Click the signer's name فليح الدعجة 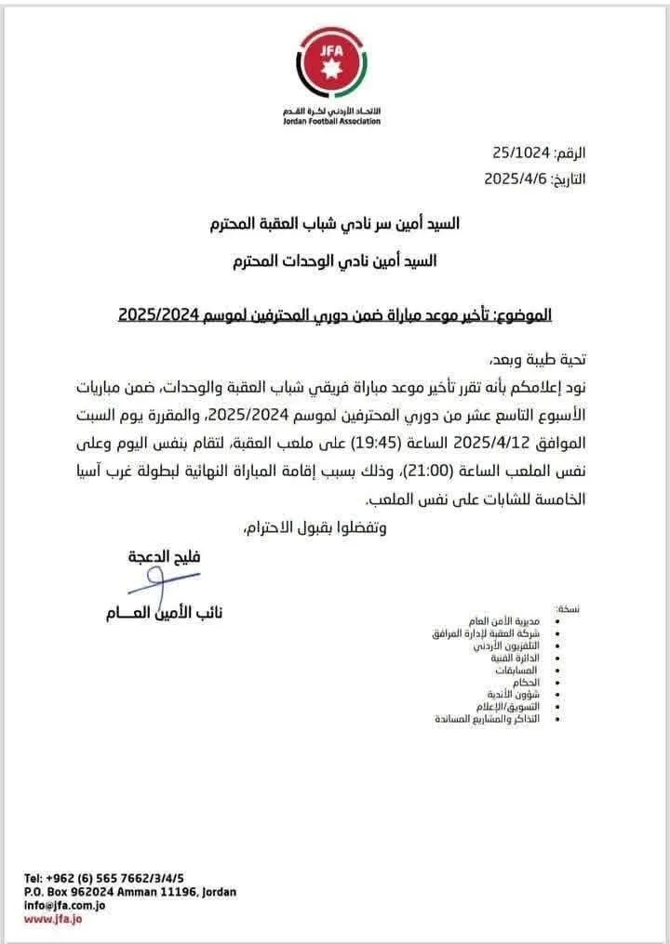[165, 558]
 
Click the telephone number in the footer [104, 878]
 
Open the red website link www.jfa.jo [54, 919]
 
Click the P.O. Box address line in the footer [130, 890]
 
